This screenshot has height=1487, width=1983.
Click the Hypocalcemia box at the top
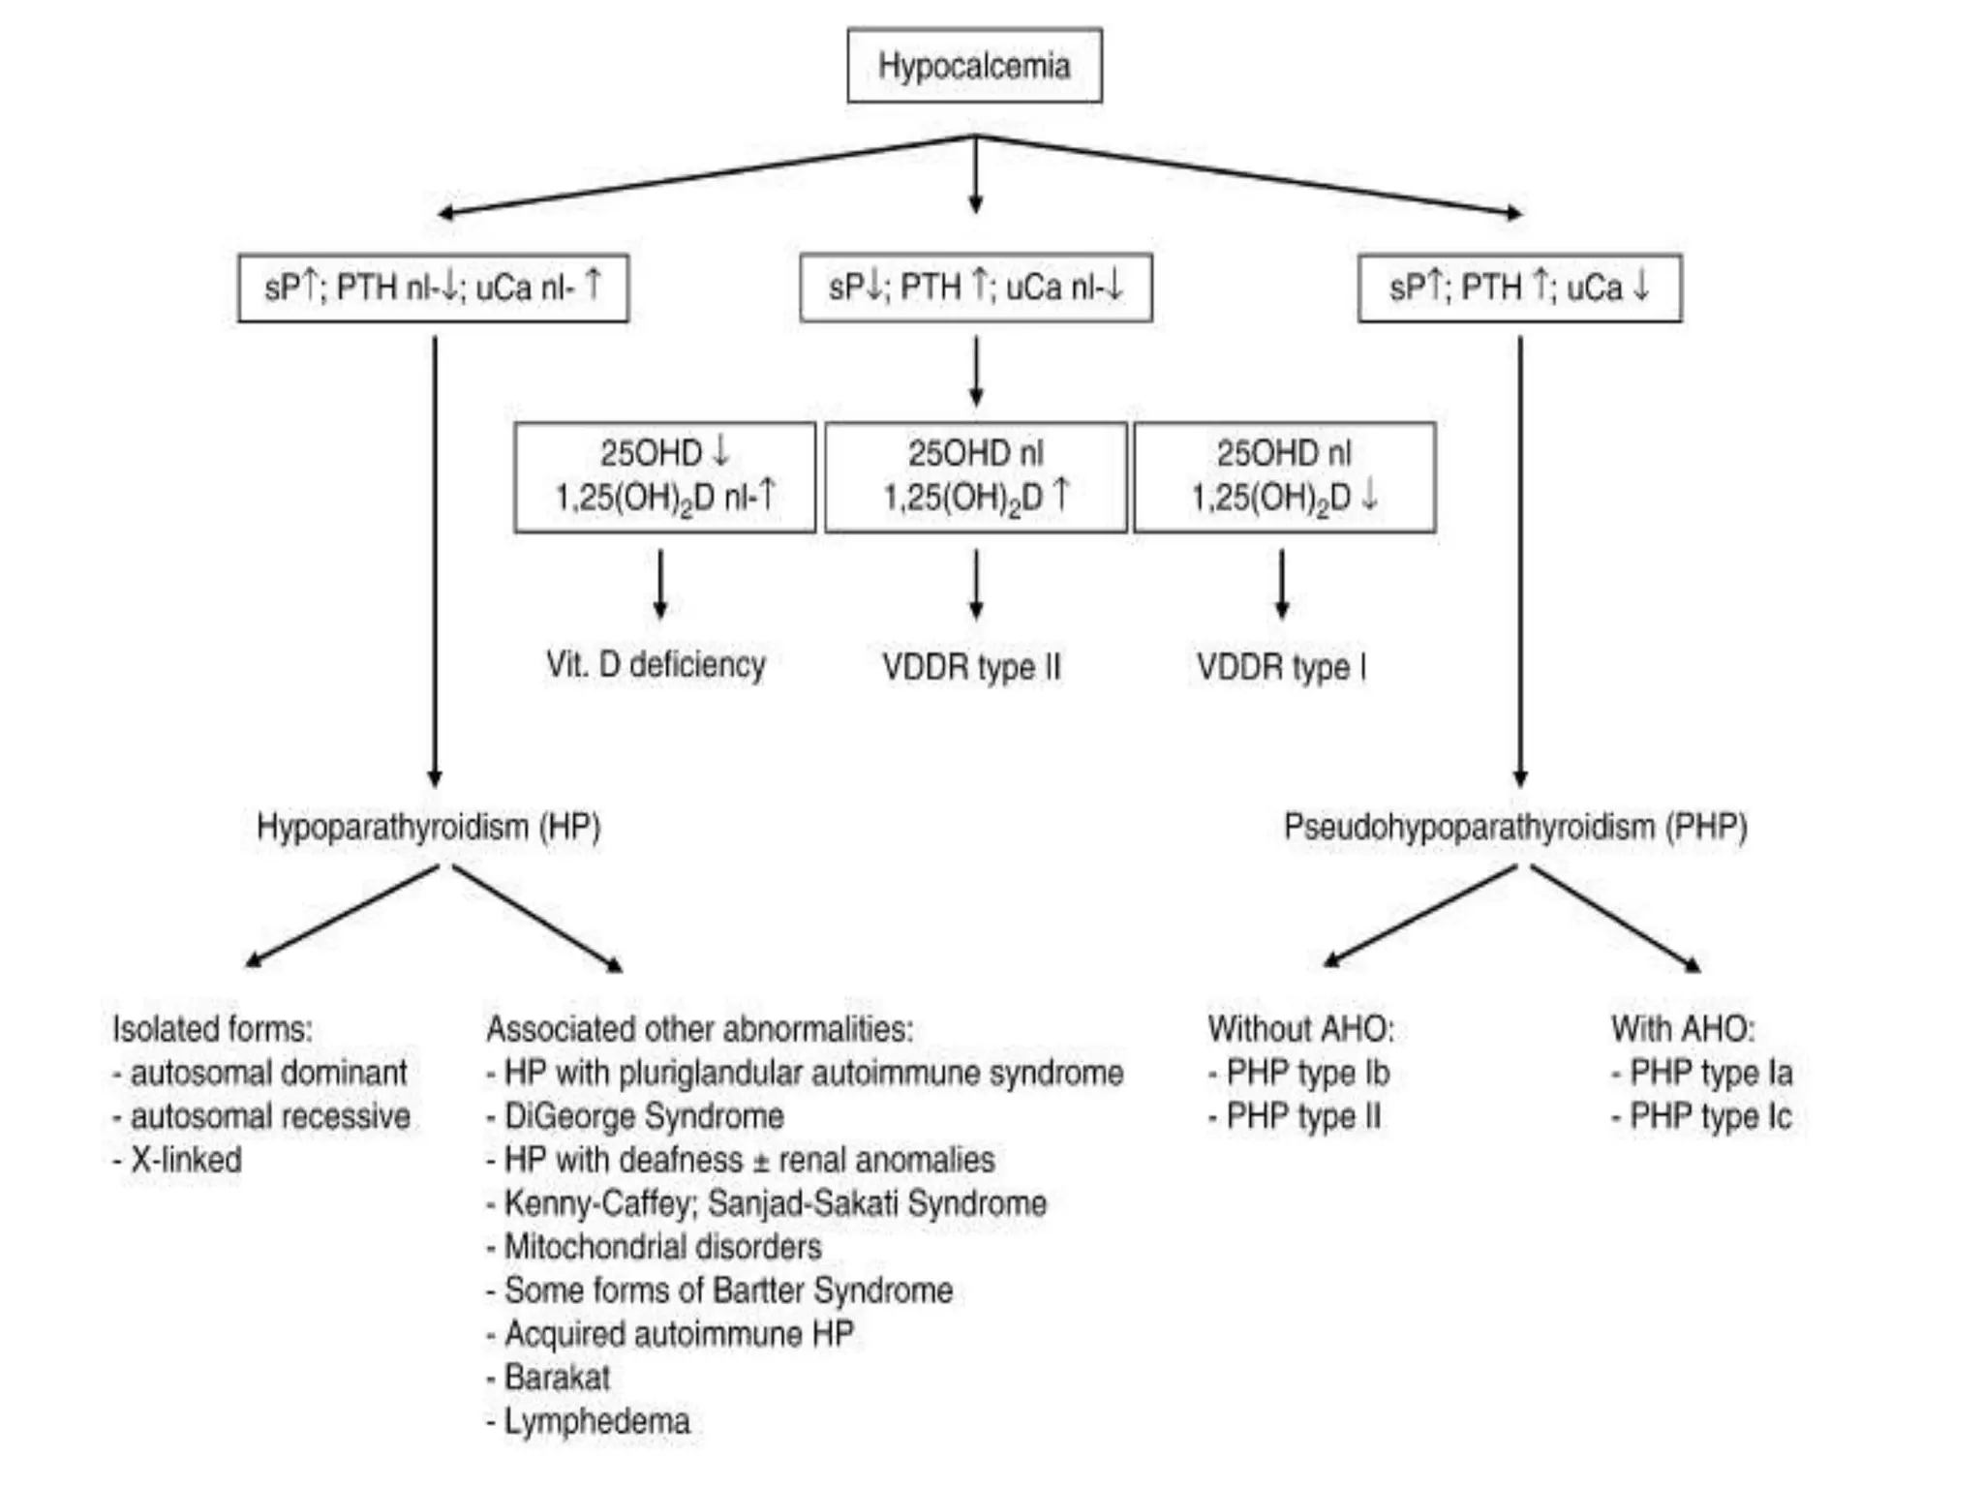(x=974, y=66)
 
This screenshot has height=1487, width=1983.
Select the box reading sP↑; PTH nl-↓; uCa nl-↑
(x=433, y=288)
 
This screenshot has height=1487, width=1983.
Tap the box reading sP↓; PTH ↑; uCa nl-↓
(x=975, y=288)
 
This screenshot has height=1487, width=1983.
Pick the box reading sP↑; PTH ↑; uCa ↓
(x=1519, y=288)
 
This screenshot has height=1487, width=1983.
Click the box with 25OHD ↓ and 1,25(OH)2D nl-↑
(x=664, y=476)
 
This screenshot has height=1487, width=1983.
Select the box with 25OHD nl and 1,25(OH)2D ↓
(x=1284, y=476)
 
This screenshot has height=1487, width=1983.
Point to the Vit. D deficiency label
(x=656, y=664)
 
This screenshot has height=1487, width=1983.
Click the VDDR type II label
(x=971, y=666)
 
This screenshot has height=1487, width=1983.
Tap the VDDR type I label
(x=1280, y=666)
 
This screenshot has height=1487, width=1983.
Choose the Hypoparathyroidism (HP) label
(x=428, y=827)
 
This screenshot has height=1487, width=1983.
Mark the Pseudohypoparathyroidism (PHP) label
(x=1515, y=827)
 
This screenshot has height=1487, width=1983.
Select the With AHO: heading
(x=1682, y=1028)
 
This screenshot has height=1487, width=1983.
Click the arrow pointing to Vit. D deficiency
(x=660, y=584)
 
